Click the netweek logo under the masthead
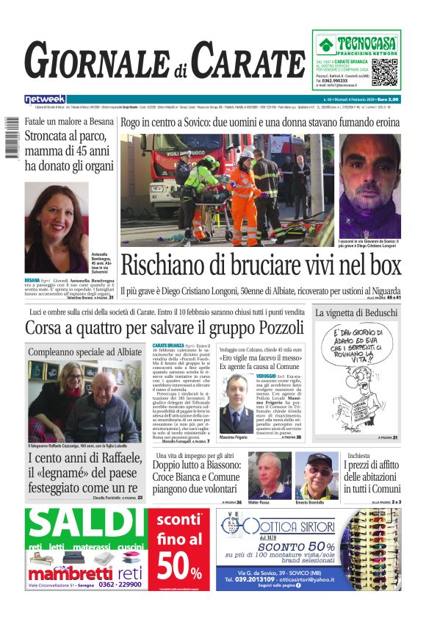(x=45, y=99)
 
